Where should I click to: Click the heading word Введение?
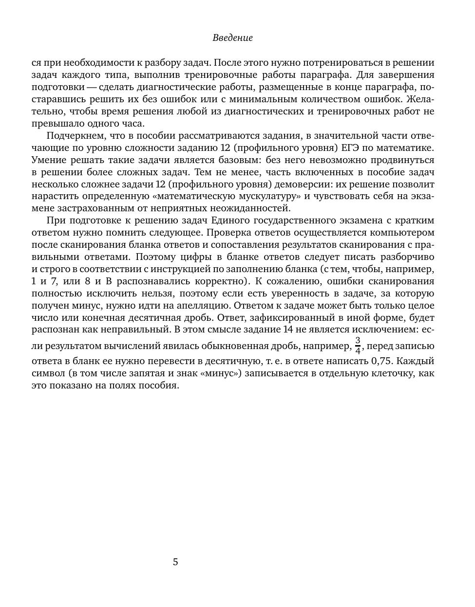point(232,38)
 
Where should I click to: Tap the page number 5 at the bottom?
point(175,562)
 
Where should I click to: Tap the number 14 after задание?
point(287,330)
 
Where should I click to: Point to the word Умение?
point(47,160)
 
